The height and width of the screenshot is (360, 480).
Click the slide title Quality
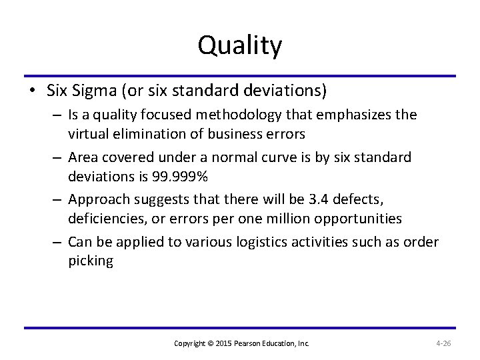240,45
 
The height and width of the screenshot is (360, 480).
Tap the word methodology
269,115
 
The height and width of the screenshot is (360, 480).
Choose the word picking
91,262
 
